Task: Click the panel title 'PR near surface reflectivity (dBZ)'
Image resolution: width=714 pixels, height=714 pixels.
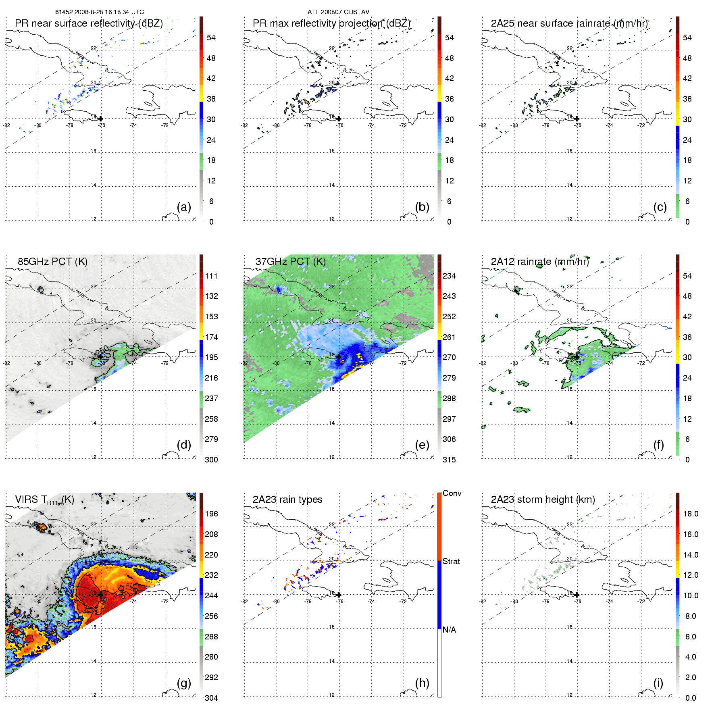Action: (89, 23)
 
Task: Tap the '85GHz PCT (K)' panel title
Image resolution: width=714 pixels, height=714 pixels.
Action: (52, 261)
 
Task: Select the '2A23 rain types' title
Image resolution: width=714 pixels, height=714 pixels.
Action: (287, 500)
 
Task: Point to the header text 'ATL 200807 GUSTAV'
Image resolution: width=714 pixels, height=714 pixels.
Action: (338, 12)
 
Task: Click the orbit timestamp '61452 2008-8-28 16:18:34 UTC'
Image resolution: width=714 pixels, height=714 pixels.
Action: (100, 12)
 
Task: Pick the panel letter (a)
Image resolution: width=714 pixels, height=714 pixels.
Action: (184, 207)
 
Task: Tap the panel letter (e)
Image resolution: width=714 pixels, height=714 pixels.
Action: (422, 445)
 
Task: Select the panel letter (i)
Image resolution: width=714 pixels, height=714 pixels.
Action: (658, 683)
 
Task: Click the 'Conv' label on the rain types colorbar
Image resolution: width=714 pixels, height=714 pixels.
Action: (452, 493)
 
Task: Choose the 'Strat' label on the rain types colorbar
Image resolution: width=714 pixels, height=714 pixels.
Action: (451, 561)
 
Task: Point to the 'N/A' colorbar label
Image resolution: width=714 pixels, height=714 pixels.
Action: (449, 630)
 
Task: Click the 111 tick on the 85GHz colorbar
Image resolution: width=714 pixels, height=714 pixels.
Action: (211, 276)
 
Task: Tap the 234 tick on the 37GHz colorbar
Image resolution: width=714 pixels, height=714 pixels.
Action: (449, 276)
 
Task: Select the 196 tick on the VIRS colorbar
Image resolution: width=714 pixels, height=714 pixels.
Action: (211, 514)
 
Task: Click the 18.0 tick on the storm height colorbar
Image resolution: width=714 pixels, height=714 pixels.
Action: (691, 514)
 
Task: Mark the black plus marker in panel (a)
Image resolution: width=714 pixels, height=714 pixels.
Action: (100, 119)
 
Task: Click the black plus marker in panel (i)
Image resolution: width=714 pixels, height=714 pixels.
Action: (577, 595)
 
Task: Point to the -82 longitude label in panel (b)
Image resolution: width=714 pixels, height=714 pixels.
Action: (244, 125)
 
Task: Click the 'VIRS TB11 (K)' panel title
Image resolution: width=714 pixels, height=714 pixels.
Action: (44, 500)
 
